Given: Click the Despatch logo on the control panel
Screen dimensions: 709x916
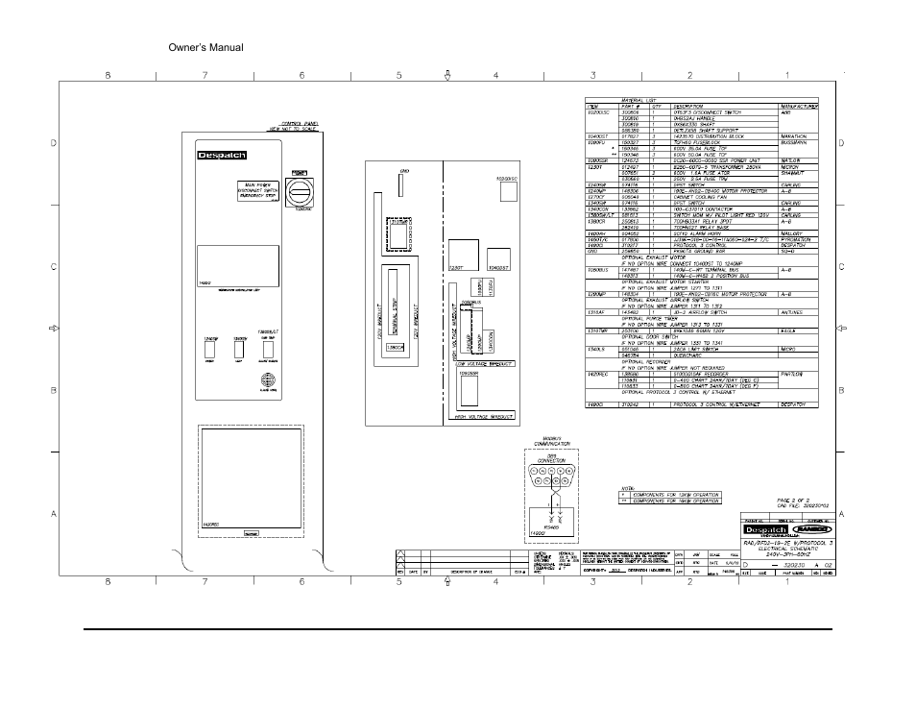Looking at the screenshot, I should pos(223,156).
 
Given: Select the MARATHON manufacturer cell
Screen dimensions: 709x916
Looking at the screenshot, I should pos(800,137).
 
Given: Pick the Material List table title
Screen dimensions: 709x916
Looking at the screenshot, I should pos(614,100).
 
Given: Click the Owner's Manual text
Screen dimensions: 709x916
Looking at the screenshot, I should pos(205,47).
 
